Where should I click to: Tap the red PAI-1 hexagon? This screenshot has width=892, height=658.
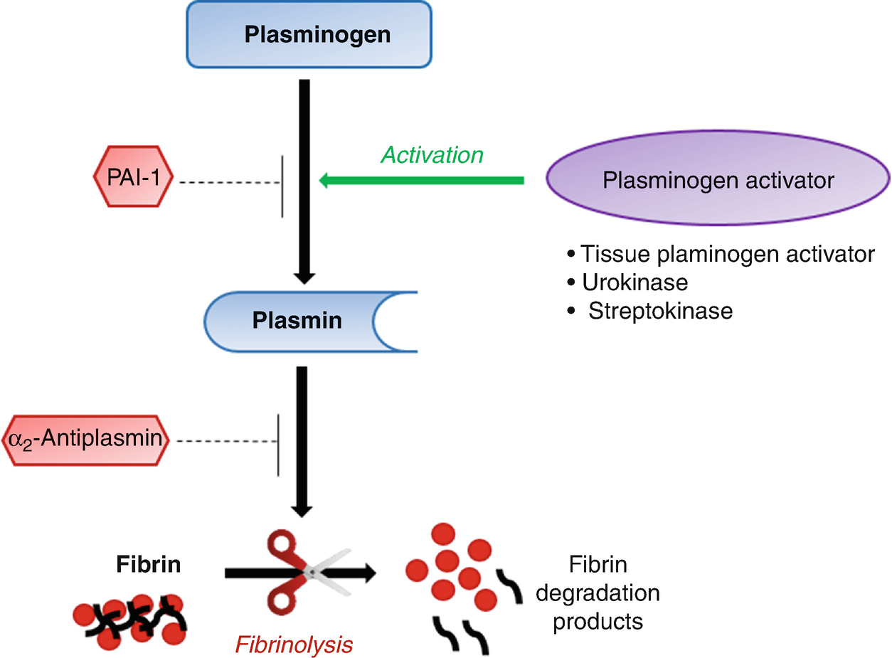pyautogui.click(x=133, y=183)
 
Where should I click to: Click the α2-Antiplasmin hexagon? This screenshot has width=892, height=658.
pyautogui.click(x=87, y=440)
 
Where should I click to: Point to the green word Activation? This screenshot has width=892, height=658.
pyautogui.click(x=432, y=154)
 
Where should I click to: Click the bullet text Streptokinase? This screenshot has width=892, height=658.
pyautogui.click(x=659, y=311)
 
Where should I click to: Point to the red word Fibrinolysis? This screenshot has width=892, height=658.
pyautogui.click(x=294, y=645)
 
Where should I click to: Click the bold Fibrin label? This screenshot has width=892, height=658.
pyautogui.click(x=148, y=565)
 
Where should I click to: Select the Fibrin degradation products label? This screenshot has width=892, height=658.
pyautogui.click(x=606, y=593)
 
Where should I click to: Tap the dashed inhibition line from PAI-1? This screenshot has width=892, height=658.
pyautogui.click(x=229, y=183)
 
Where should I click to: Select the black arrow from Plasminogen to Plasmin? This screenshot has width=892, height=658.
pyautogui.click(x=304, y=178)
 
